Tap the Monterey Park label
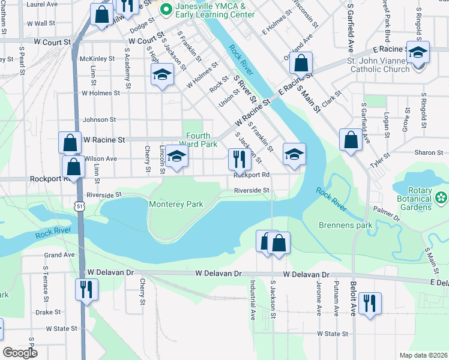176,205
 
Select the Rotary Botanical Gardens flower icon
442,197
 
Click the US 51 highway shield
80,206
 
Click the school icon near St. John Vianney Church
417,52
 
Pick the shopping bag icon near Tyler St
350,140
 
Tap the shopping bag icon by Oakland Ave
301,62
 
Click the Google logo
20,353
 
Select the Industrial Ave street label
253,299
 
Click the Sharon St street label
428,153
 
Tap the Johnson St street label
98,120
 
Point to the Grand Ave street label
59,254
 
